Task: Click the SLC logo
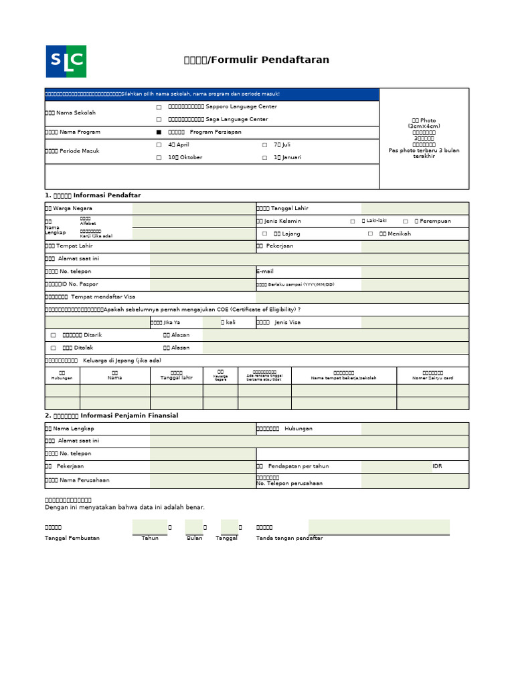pyautogui.click(x=66, y=62)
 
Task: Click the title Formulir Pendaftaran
pyautogui.click(x=256, y=60)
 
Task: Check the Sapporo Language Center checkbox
pyautogui.click(x=159, y=107)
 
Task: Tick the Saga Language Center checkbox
pyautogui.click(x=159, y=120)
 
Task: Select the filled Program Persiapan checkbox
pyautogui.click(x=159, y=132)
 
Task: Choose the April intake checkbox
pyautogui.click(x=159, y=145)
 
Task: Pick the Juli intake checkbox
pyautogui.click(x=264, y=145)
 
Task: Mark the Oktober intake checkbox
pyautogui.click(x=159, y=158)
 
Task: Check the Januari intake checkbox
pyautogui.click(x=264, y=158)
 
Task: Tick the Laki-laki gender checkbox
pyautogui.click(x=353, y=221)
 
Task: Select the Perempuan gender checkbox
pyautogui.click(x=406, y=221)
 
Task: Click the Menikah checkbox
pyautogui.click(x=370, y=234)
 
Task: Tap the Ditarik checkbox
pyautogui.click(x=54, y=335)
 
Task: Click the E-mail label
pyautogui.click(x=266, y=272)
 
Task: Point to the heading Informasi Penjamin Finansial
pyautogui.click(x=111, y=415)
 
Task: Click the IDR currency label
pyautogui.click(x=437, y=466)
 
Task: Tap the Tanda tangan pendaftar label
pyautogui.click(x=289, y=539)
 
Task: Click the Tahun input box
pyautogui.click(x=149, y=527)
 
